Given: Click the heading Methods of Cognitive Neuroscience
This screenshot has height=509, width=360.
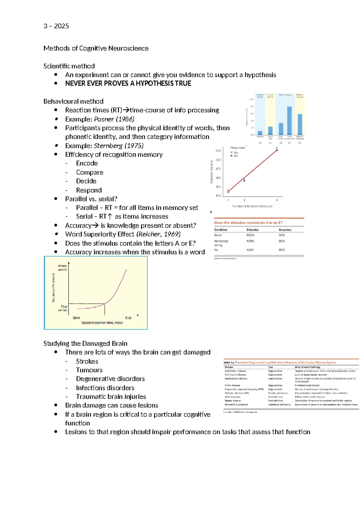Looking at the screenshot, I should click(96, 48).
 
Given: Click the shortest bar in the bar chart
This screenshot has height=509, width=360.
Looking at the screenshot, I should click(260, 133).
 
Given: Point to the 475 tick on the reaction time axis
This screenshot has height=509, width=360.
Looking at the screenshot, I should click(218, 169).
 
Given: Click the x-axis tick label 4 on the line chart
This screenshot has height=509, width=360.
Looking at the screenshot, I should click(277, 200).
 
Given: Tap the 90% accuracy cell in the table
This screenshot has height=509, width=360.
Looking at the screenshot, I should click(282, 235).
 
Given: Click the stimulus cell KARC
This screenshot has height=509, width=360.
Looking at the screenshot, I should click(250, 241).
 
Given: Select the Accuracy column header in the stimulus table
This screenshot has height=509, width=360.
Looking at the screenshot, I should click(285, 230).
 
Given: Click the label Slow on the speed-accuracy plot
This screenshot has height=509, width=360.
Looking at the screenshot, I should click(76, 318).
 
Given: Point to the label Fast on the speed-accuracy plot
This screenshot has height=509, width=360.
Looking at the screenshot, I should click(128, 318).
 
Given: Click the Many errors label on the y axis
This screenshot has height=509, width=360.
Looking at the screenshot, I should click(62, 268).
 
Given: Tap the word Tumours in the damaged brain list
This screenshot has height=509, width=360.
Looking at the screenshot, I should click(89, 370).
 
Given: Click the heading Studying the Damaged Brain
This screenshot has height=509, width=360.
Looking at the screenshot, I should click(85, 343).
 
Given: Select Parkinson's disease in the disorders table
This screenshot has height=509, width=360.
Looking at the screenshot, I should click(235, 375).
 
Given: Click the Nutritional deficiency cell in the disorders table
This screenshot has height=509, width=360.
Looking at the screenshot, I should click(279, 405).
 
